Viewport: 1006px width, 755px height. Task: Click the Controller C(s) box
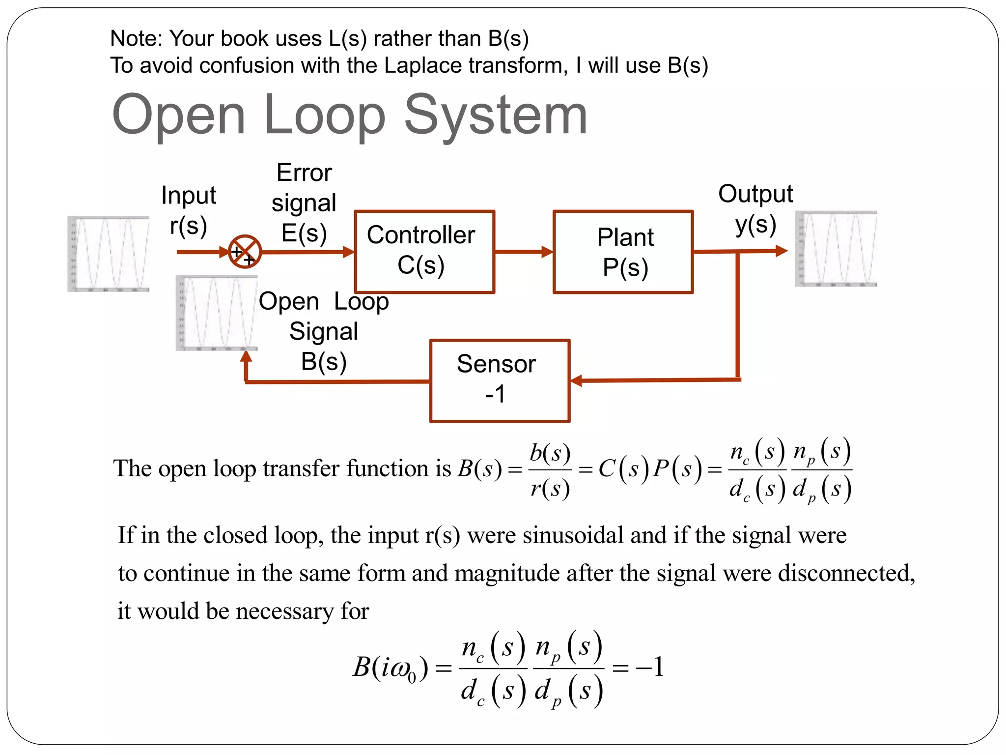click(x=424, y=251)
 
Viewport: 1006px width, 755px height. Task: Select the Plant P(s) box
click(x=623, y=252)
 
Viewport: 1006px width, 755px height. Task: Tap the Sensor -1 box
click(x=500, y=380)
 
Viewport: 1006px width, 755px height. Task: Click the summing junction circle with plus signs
click(x=245, y=252)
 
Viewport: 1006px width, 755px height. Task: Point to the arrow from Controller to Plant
click(x=524, y=252)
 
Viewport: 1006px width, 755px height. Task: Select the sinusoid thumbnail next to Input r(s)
click(x=109, y=254)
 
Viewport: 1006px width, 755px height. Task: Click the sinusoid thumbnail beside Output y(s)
click(x=836, y=249)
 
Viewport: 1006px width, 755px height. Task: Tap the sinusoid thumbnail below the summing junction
click(x=217, y=313)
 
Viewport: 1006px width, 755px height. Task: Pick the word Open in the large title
click(x=178, y=115)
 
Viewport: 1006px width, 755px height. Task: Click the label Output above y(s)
click(x=755, y=194)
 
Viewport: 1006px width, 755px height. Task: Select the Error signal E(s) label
click(x=304, y=203)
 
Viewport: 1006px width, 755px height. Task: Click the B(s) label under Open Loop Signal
click(x=324, y=362)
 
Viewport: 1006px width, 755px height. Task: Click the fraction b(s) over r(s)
click(x=550, y=470)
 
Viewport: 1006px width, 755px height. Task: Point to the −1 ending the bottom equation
click(x=650, y=667)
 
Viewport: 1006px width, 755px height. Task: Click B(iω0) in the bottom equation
click(x=391, y=668)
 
